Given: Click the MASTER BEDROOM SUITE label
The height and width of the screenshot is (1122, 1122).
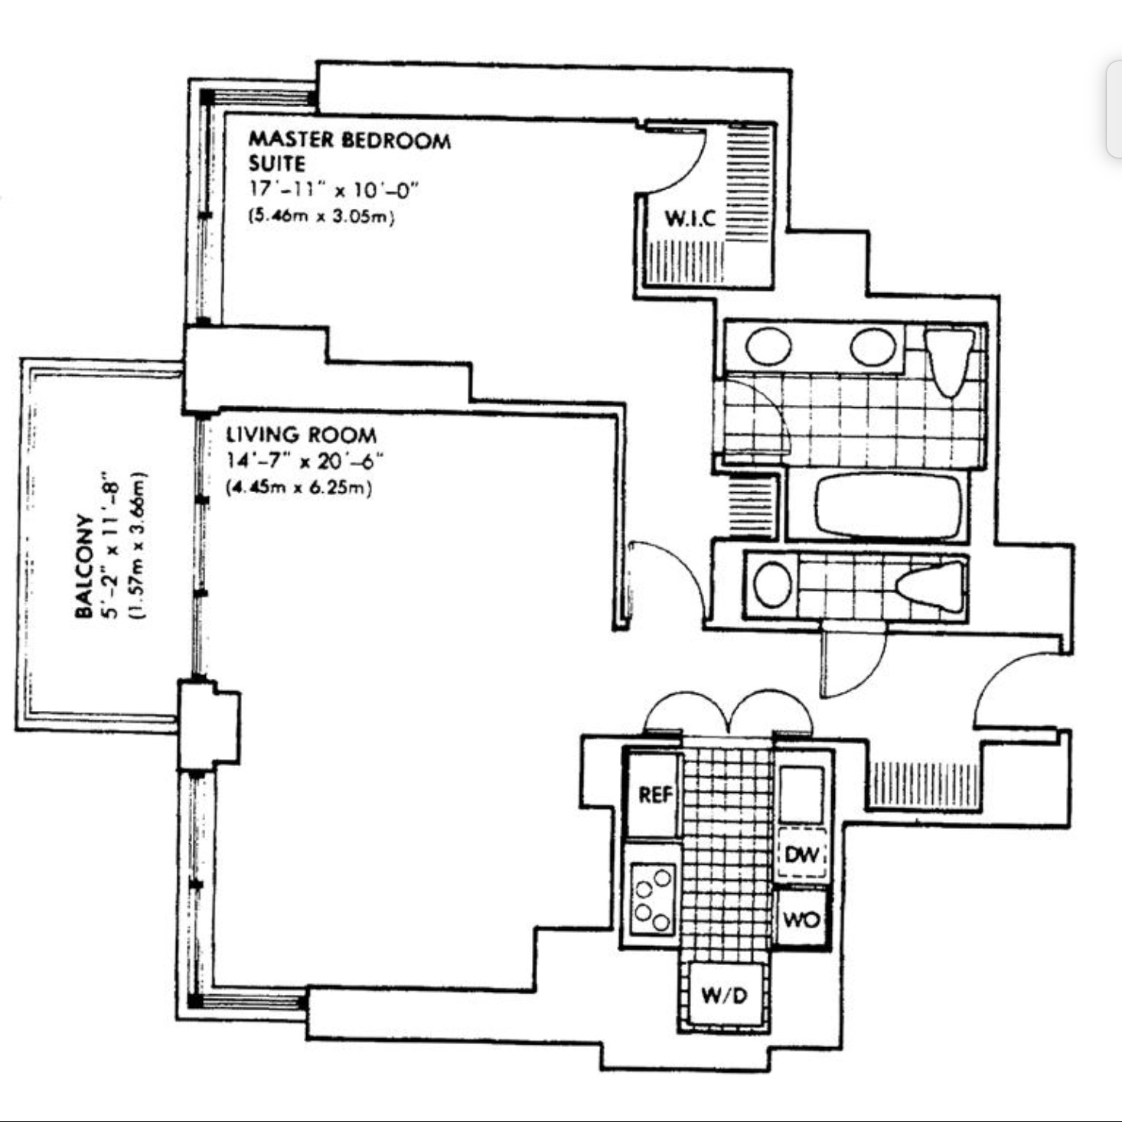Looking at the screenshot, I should point(349,151).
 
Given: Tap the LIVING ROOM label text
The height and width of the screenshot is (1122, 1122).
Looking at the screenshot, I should point(301,435).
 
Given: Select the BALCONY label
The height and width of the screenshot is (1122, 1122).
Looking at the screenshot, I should point(84,566).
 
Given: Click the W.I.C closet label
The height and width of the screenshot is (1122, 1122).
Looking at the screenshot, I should point(690,218).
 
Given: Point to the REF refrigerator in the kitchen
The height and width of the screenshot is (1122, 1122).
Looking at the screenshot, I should point(654,794).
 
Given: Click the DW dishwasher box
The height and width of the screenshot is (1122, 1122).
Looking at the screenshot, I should point(801,853).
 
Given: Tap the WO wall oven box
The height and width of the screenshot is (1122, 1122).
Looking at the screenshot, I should point(801,918).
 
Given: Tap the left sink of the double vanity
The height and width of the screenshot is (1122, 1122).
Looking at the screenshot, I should point(768,347).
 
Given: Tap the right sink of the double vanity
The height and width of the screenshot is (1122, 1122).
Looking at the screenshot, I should point(872,347).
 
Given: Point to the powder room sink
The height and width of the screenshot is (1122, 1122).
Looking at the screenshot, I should point(772,584).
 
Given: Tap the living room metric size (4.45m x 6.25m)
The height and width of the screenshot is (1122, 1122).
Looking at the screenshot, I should point(299,488).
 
